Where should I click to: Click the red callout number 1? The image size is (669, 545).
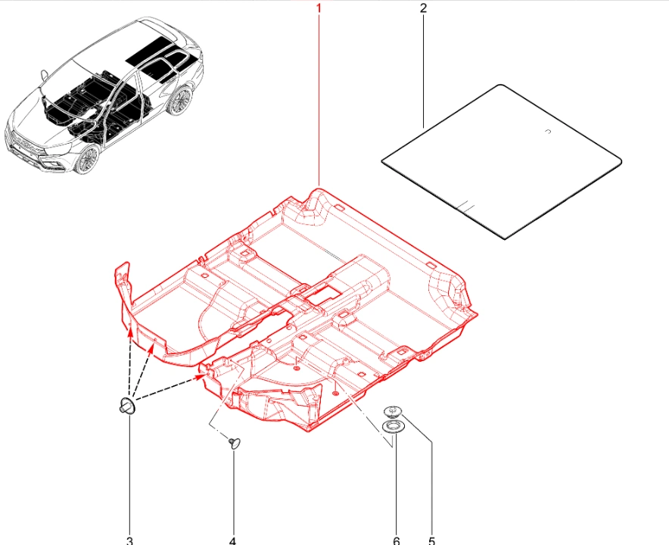(319, 8)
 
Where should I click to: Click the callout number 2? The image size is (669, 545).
(423, 8)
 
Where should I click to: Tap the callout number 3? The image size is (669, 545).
(129, 540)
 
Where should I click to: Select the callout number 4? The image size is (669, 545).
(232, 540)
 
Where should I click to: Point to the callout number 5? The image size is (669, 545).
(432, 540)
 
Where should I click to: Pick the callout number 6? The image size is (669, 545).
(397, 540)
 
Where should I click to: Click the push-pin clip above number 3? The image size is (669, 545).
(127, 405)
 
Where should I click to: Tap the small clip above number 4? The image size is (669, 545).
(235, 443)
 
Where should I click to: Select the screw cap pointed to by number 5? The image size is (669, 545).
(393, 412)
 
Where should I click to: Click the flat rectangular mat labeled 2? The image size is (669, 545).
(501, 161)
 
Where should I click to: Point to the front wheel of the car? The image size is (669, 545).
(88, 158)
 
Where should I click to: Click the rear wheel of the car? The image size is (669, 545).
(180, 101)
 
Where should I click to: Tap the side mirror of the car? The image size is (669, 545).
(45, 75)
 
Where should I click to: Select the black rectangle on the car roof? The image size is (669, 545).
(152, 50)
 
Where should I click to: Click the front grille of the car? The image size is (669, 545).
(26, 144)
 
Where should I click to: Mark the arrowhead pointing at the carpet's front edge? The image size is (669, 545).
(200, 376)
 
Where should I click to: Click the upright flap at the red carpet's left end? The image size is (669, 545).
(123, 284)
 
